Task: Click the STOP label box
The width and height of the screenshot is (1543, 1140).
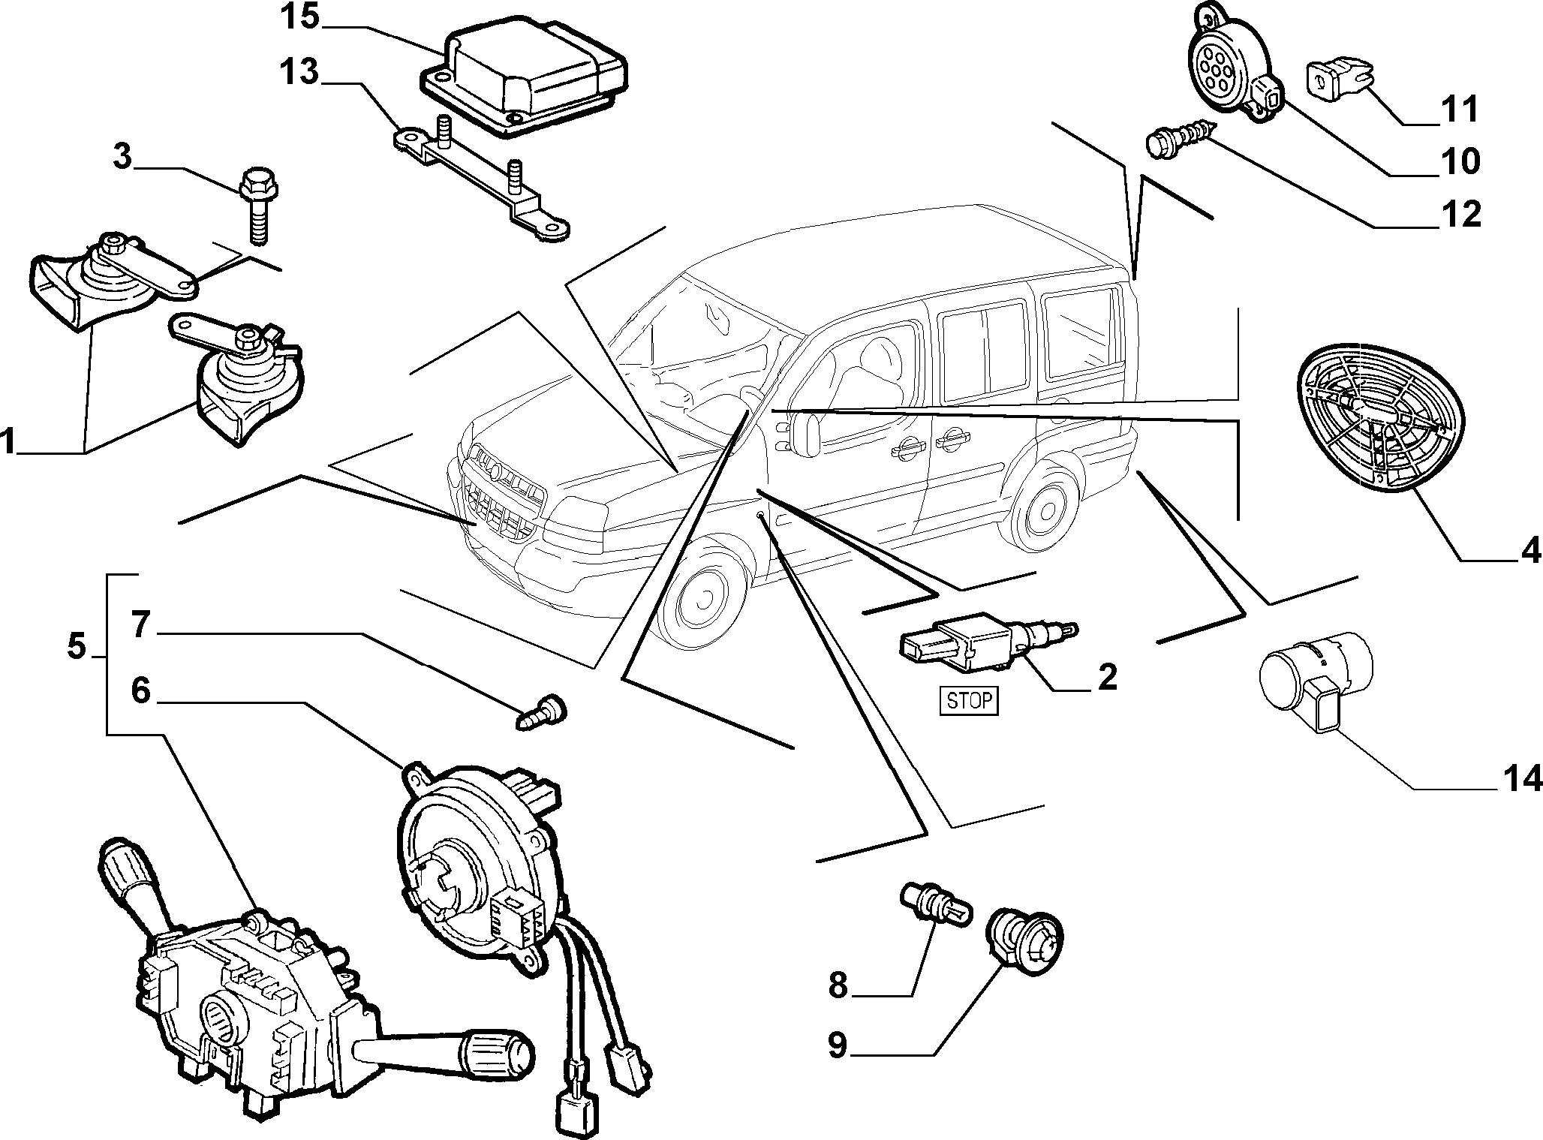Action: (970, 700)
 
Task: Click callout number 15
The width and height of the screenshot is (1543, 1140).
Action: (299, 17)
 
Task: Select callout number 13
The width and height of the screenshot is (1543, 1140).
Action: (299, 73)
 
